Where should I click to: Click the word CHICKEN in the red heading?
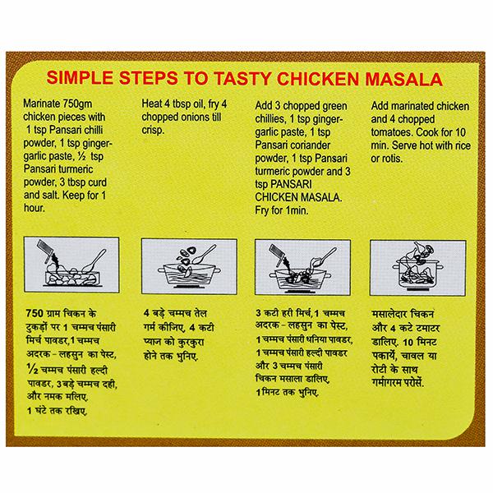tap(317, 79)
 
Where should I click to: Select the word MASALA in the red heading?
tap(403, 79)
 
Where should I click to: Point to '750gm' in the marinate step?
tap(77, 104)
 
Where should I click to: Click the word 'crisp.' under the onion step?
tap(153, 130)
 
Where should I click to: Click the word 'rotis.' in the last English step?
tap(392, 159)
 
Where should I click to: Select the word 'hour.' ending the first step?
tap(34, 208)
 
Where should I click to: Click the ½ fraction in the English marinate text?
tap(81, 156)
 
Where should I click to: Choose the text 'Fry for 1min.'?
tap(281, 210)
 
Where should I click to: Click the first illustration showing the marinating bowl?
tap(71, 265)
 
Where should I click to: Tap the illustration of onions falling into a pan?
tap(189, 266)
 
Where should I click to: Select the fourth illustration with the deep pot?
tap(418, 268)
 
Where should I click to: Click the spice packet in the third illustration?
tap(276, 251)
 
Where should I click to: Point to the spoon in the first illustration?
tap(94, 260)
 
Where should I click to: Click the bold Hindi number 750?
tap(35, 314)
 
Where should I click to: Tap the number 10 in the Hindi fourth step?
tap(408, 342)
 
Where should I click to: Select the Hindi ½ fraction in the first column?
tap(33, 369)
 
